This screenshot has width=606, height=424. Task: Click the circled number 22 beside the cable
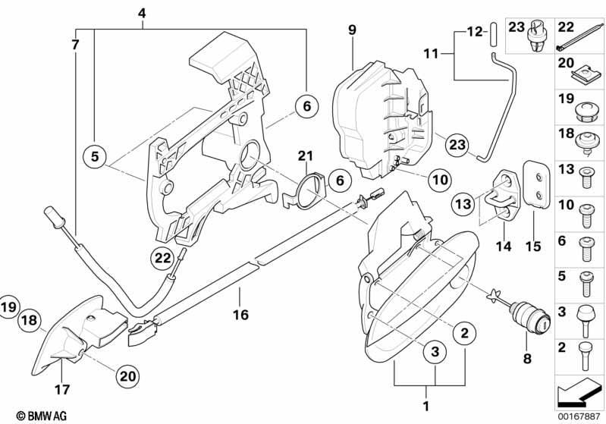(162, 257)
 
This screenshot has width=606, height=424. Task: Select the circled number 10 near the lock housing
(440, 179)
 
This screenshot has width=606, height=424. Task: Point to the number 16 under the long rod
(240, 315)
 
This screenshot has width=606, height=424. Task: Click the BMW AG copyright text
(42, 416)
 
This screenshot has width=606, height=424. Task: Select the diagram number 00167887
(579, 416)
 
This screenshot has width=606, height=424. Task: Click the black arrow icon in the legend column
(578, 393)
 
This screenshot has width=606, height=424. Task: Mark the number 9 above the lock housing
(352, 30)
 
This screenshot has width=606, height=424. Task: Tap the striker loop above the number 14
(502, 196)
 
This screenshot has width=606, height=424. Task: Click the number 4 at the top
(142, 14)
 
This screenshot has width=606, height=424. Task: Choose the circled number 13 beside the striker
(463, 203)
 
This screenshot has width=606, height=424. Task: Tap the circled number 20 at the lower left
(127, 375)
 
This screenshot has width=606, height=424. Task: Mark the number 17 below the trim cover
(62, 389)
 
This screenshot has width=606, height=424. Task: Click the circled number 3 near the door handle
(435, 351)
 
